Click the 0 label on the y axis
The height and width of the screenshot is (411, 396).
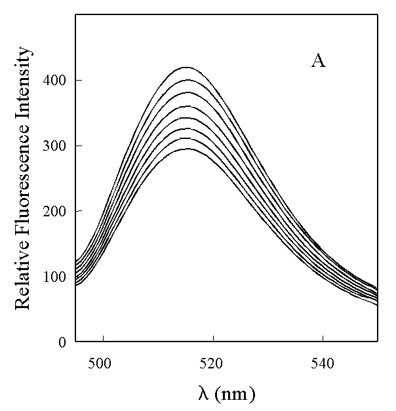62,342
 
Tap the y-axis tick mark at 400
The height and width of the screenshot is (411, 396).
78,80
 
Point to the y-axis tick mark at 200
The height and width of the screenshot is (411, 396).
78,211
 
